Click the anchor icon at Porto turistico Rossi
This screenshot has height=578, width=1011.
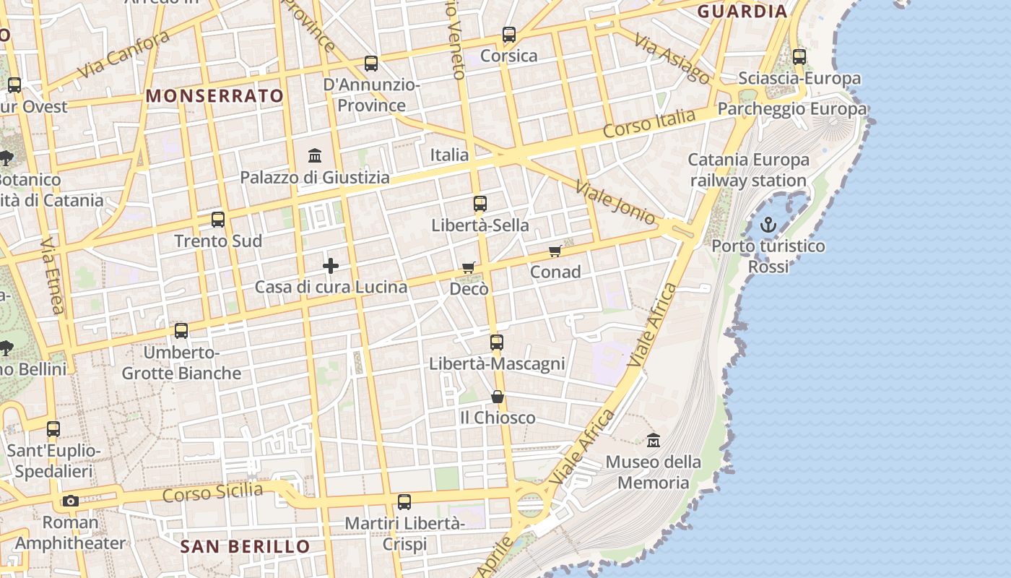(x=768, y=225)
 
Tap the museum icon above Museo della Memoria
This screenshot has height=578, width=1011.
(x=654, y=440)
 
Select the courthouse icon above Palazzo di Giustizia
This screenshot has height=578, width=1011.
(x=315, y=155)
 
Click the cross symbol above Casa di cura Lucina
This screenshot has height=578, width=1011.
(x=330, y=266)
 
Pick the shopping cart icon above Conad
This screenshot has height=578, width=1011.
(x=555, y=251)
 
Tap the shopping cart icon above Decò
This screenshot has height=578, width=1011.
(x=469, y=268)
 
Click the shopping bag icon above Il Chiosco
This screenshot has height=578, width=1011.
(x=498, y=397)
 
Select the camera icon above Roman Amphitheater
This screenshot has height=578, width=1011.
(x=70, y=501)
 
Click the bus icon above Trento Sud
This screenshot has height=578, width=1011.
(x=218, y=220)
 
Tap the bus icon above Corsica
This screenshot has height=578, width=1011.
(x=509, y=34)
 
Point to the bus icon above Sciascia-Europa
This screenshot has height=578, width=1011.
(x=799, y=56)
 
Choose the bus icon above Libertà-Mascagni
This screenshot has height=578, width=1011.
(x=497, y=342)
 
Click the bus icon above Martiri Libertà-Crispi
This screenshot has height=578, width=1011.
(x=404, y=501)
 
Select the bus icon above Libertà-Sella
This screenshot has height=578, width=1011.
(x=480, y=204)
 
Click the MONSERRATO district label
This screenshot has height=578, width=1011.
(x=215, y=95)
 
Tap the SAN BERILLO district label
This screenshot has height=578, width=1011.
(x=245, y=546)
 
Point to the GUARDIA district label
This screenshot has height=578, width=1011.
(x=742, y=11)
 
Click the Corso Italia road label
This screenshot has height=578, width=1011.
(x=649, y=124)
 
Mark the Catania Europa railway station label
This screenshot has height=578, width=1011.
(x=748, y=170)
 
